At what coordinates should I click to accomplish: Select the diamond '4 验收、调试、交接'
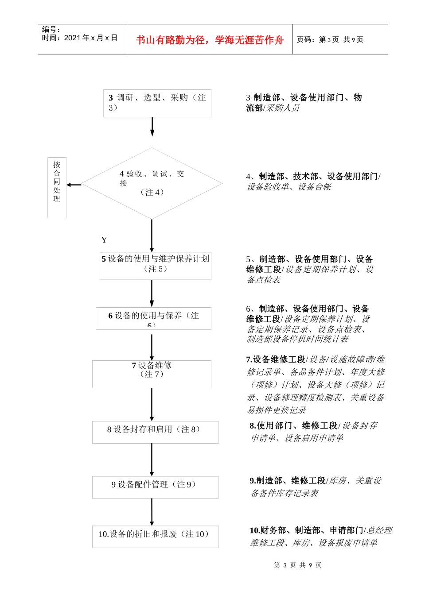(152, 183)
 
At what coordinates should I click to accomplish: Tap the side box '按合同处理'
(57, 187)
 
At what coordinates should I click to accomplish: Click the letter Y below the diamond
(104, 240)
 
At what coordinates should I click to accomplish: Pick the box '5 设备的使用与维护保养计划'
(155, 266)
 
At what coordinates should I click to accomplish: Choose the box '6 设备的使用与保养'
(153, 318)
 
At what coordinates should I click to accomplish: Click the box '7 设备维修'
(152, 374)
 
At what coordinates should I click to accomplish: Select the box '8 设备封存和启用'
(155, 432)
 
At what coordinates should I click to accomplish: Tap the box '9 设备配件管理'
(155, 487)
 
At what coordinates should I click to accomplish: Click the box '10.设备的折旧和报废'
(155, 537)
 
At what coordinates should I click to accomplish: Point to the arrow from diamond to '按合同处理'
(74, 185)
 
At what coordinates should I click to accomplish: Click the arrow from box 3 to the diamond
(152, 127)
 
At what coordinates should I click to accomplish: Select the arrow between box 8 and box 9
(152, 460)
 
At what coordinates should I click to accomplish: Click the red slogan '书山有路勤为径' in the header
(210, 40)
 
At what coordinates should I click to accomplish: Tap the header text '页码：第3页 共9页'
(330, 40)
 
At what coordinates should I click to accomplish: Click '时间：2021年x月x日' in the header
(80, 38)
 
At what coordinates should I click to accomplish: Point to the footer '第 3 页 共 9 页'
(298, 565)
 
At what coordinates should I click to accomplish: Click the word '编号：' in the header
(51, 29)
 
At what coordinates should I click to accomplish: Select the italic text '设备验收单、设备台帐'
(289, 187)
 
